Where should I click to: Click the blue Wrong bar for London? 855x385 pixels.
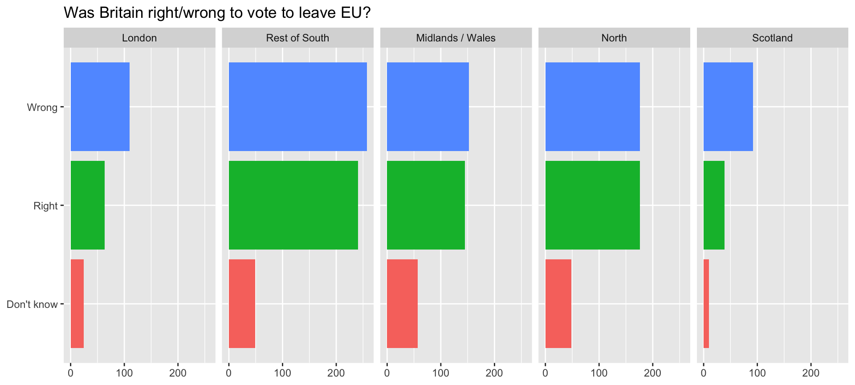click(x=100, y=107)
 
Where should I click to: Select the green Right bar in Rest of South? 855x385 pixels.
click(x=293, y=205)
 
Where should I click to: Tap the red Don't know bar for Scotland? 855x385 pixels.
click(x=706, y=303)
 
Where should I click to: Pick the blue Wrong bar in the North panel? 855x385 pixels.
click(x=592, y=107)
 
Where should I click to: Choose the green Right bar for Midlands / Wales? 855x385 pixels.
click(x=426, y=205)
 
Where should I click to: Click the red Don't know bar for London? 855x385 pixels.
click(x=77, y=303)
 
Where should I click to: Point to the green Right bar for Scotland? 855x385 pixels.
click(x=714, y=205)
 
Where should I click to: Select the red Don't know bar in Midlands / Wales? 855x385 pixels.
click(x=402, y=303)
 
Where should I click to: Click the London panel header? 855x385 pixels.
click(x=139, y=38)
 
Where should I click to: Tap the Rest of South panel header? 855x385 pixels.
click(x=297, y=38)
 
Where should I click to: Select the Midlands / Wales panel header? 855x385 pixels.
click(x=456, y=38)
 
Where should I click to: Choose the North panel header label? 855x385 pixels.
click(x=614, y=38)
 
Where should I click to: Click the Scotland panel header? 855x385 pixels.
click(x=772, y=38)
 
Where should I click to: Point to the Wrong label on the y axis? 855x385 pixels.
click(x=42, y=107)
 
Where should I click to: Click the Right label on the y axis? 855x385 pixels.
click(x=45, y=206)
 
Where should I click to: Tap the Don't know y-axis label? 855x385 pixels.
click(x=32, y=304)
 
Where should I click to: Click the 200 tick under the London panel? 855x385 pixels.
click(x=178, y=373)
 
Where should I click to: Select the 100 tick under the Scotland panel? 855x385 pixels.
click(x=757, y=373)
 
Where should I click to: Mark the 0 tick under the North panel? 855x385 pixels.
click(x=546, y=373)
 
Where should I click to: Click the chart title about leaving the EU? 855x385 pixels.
click(x=217, y=12)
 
